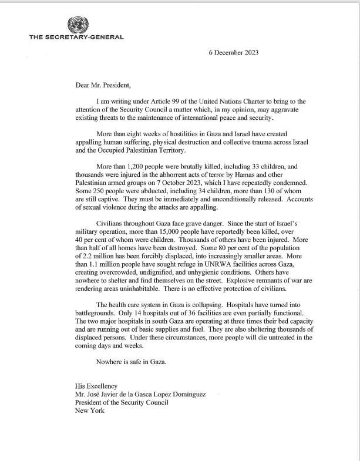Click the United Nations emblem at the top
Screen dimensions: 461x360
coord(76,25)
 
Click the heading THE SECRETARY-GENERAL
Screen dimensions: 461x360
coord(76,38)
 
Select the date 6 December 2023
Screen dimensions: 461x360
coord(233,52)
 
